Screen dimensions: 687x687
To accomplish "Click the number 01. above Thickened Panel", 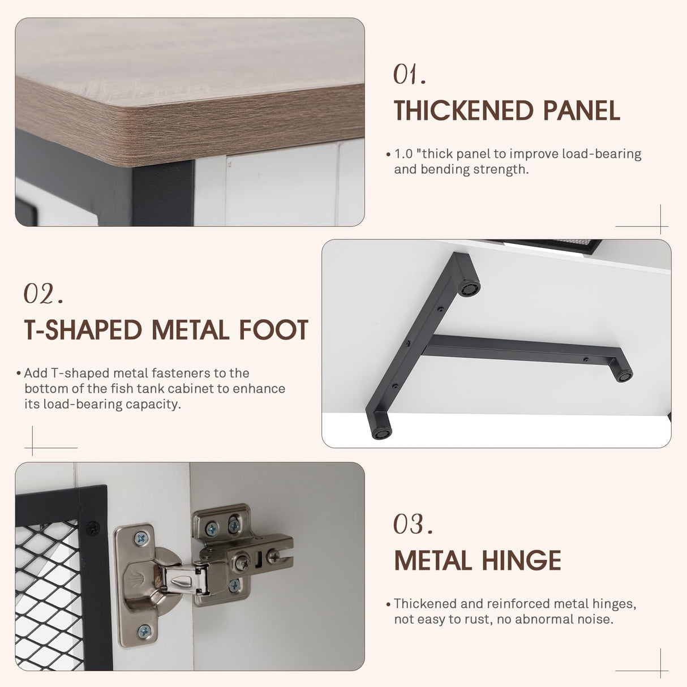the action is (409, 75).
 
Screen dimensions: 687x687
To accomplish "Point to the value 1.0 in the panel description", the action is (403, 154).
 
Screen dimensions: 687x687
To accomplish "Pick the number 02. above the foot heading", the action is (43, 293).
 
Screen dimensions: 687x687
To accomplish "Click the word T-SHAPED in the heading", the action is (83, 330).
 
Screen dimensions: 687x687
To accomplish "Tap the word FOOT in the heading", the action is (273, 330).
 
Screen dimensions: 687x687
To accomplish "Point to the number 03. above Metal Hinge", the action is (413, 523).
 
